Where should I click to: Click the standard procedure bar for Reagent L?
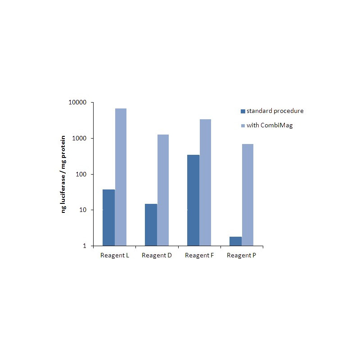108,218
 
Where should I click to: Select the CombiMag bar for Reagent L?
121,177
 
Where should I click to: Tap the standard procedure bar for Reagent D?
151,225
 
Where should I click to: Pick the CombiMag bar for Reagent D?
163,190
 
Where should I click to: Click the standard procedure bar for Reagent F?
193,200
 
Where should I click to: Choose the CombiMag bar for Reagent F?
205,183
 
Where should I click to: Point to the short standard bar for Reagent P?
235,241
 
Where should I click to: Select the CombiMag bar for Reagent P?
247,195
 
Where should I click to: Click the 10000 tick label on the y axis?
78,103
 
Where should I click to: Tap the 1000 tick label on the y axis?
80,139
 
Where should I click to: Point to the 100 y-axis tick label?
81,174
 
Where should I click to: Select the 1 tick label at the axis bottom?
85,246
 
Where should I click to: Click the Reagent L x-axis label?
114,256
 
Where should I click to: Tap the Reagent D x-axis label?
157,256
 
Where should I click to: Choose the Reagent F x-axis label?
199,256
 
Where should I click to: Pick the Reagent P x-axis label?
242,256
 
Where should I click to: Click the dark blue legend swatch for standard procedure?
243,111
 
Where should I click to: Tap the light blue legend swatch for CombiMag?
243,126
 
